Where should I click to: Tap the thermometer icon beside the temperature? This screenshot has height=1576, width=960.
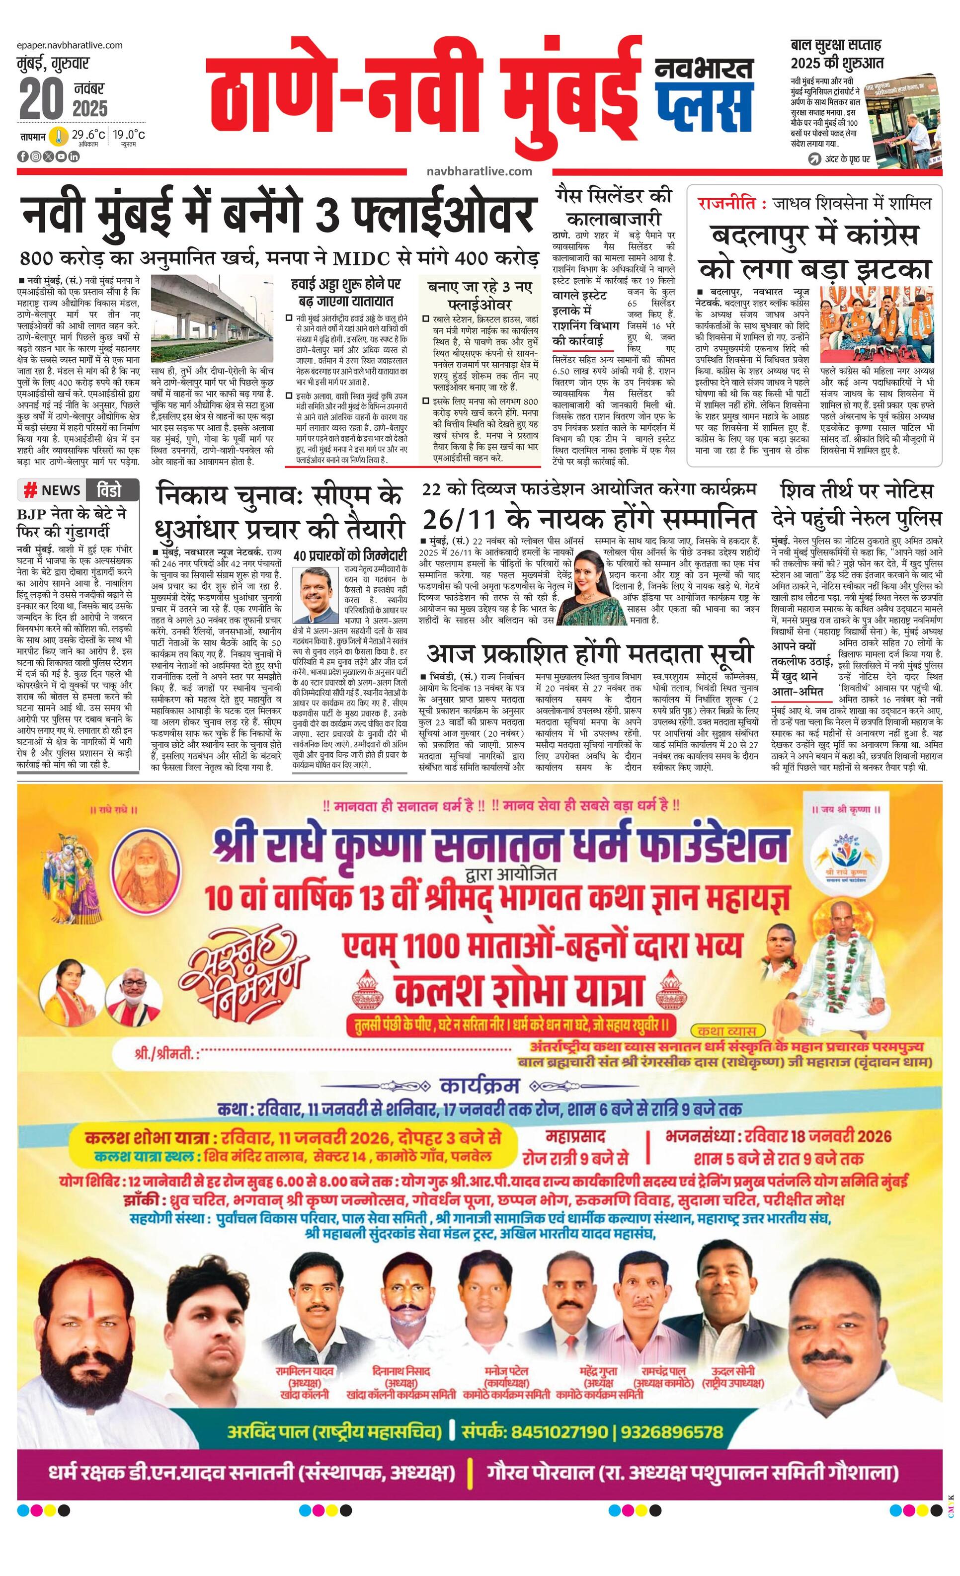click(60, 136)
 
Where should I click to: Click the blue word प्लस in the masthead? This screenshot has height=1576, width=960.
click(704, 102)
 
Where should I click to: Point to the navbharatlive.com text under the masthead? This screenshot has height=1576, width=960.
click(479, 171)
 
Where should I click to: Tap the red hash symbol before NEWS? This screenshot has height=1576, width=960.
click(30, 490)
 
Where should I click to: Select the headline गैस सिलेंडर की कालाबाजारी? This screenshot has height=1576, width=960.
click(613, 205)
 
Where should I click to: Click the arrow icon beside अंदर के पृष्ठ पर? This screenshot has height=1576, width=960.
click(814, 158)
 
